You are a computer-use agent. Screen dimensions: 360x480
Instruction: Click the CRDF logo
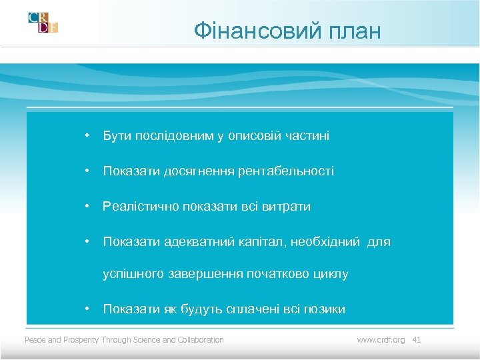point(43,22)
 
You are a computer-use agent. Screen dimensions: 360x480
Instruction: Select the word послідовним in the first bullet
point(174,136)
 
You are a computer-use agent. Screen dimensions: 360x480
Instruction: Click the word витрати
point(289,207)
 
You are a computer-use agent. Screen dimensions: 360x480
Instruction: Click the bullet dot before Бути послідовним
point(87,136)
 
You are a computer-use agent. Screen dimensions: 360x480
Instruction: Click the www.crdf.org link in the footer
point(381,340)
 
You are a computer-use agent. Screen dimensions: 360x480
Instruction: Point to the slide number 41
point(417,340)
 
